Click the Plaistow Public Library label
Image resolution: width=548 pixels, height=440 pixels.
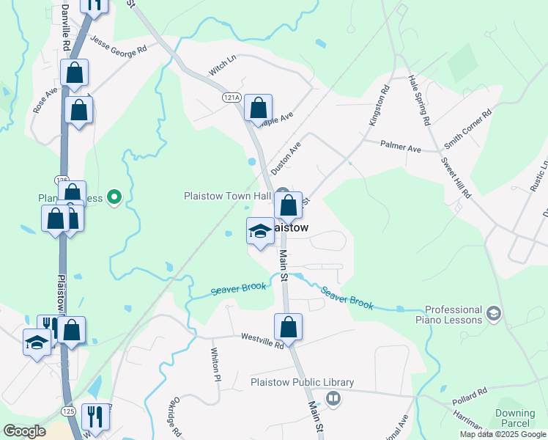302,383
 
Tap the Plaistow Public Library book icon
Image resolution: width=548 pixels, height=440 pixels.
333,397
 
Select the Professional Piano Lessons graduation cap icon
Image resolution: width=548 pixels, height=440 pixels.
494,314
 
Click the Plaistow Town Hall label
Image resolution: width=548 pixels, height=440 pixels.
226,196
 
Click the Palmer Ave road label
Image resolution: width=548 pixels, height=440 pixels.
400,147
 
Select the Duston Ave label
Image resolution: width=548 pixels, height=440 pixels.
286,158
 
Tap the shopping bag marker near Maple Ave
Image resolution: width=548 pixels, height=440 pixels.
258,109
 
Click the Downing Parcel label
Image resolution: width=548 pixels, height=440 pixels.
515,419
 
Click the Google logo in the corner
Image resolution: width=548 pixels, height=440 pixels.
25,431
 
